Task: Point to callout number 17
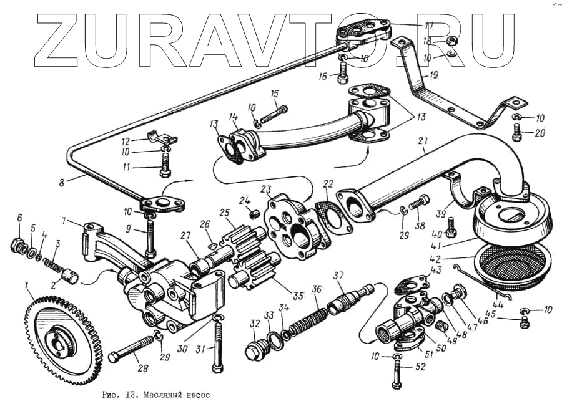point(429,25)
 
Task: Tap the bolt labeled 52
point(397,375)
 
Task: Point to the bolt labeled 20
point(516,131)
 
